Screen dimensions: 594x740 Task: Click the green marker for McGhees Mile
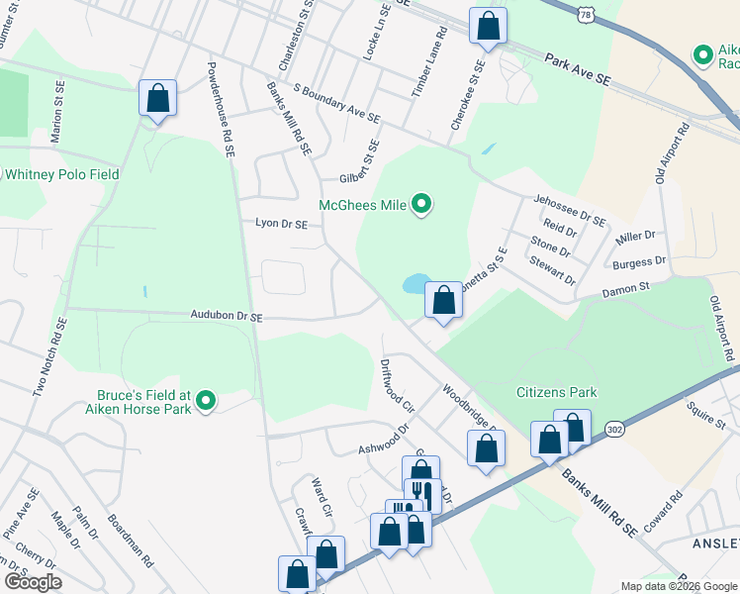click(x=421, y=206)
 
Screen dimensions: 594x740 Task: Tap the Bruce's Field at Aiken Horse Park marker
click(x=206, y=401)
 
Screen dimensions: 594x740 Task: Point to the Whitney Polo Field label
click(x=61, y=174)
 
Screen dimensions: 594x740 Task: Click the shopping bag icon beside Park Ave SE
click(x=488, y=27)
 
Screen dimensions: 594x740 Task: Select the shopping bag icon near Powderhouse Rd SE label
click(x=157, y=99)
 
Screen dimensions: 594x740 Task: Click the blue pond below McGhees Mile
click(x=413, y=285)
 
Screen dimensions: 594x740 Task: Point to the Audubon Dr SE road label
click(x=227, y=316)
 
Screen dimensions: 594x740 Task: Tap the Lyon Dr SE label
click(x=282, y=225)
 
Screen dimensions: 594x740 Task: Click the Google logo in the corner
click(x=32, y=582)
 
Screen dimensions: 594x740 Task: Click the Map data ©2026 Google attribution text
click(x=678, y=586)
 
